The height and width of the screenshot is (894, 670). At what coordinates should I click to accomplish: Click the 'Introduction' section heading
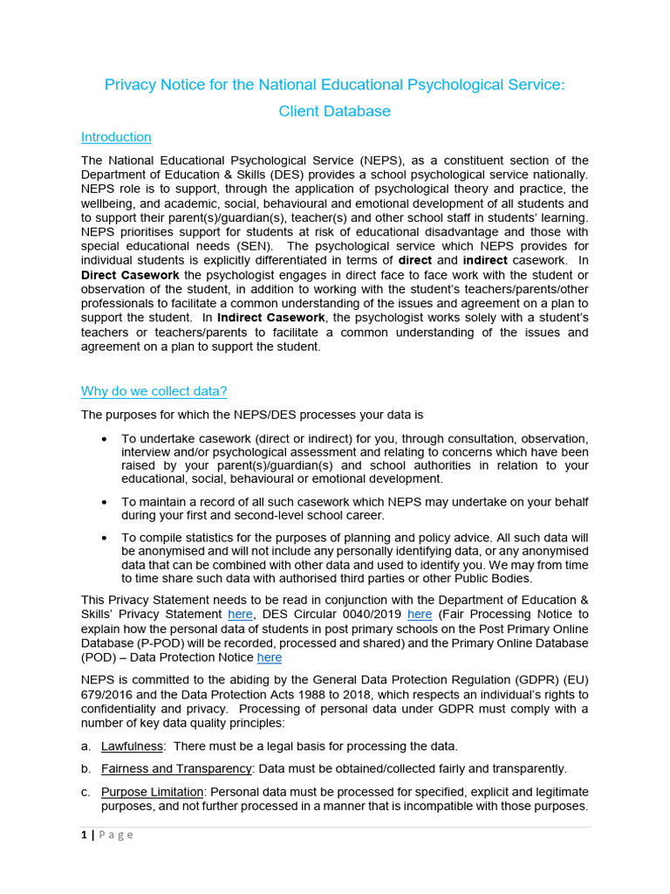pos(116,137)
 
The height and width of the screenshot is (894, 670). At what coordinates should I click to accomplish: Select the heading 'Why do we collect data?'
pos(154,391)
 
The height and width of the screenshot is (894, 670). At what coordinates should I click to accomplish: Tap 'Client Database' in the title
pos(334,111)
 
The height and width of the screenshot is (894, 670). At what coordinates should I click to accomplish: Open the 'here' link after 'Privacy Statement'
pos(240,615)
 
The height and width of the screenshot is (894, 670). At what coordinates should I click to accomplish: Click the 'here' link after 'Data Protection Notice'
pos(269,657)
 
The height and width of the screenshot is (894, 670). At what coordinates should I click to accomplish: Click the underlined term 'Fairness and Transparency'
pos(176,769)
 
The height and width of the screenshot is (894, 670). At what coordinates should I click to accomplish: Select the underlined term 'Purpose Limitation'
pos(153,792)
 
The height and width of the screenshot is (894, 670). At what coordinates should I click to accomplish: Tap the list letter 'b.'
pos(85,769)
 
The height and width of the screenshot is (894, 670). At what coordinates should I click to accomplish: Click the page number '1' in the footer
pos(84,835)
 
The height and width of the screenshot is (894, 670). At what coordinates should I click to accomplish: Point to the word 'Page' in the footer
pos(115,835)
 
